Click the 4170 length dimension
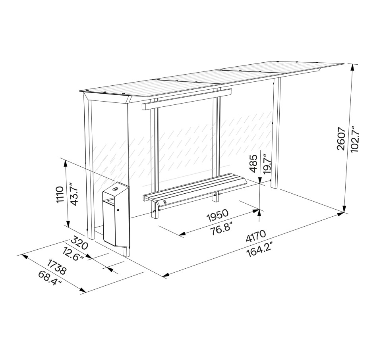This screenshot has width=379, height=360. [256, 236]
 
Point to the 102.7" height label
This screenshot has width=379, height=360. [355, 139]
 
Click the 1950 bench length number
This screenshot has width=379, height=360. [218, 216]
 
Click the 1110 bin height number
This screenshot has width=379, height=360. [60, 194]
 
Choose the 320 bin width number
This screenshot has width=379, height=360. [79, 243]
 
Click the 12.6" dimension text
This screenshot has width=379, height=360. [73, 254]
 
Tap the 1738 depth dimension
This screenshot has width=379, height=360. [56, 267]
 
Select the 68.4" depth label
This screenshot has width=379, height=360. [50, 278]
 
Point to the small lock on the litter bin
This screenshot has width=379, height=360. [118, 210]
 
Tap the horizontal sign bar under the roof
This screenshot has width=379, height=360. [187, 99]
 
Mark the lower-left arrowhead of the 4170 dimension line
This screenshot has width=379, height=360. [166, 275]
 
